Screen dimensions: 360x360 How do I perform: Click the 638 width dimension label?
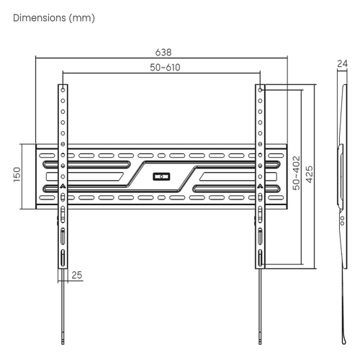coord(163,53)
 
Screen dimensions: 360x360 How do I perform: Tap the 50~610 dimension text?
coord(165,68)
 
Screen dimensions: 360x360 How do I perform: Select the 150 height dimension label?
coord(17,174)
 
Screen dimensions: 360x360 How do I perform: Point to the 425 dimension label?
coord(310,174)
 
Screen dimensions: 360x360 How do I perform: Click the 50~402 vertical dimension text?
coord(297,173)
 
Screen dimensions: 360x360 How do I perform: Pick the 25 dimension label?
coord(77,275)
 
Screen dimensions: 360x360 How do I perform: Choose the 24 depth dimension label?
coord(342,64)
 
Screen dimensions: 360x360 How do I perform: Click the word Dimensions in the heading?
coord(40,18)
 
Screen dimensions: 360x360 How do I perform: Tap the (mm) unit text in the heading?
coord(82,18)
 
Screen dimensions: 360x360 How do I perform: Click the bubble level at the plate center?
coord(161,176)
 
